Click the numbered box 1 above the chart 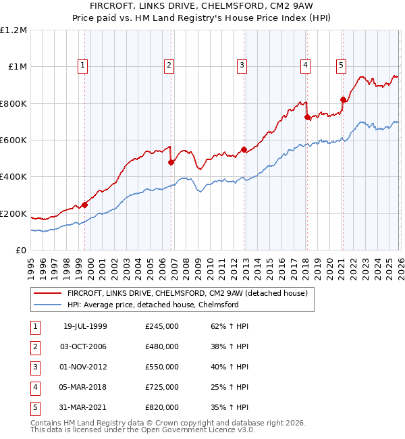pyautogui.click(x=82, y=66)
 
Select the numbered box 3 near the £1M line pyautogui.click(x=242, y=66)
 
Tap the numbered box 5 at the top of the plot pyautogui.click(x=341, y=66)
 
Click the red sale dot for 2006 pyautogui.click(x=171, y=162)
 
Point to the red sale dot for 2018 pyautogui.click(x=307, y=117)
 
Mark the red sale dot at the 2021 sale pyautogui.click(x=343, y=100)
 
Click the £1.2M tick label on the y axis pyautogui.click(x=13, y=30)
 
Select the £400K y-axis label pyautogui.click(x=13, y=177)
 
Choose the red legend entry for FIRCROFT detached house pyautogui.click(x=188, y=293)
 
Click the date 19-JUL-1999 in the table pyautogui.click(x=85, y=326)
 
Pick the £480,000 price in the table pyautogui.click(x=161, y=346)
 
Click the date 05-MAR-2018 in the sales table pyautogui.click(x=85, y=387)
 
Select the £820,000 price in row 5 pyautogui.click(x=161, y=407)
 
